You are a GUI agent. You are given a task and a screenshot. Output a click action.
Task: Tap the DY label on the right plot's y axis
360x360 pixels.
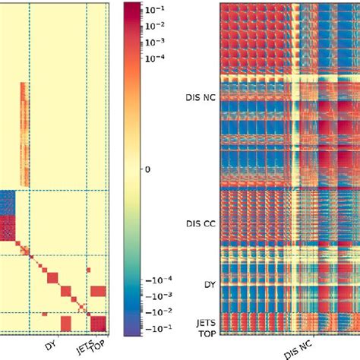pyautogui.click(x=208, y=283)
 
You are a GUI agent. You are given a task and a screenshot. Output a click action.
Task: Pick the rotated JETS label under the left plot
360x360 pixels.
pyautogui.click(x=86, y=346)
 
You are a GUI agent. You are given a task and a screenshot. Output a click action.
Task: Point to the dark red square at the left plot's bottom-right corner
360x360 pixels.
pyautogui.click(x=99, y=324)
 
